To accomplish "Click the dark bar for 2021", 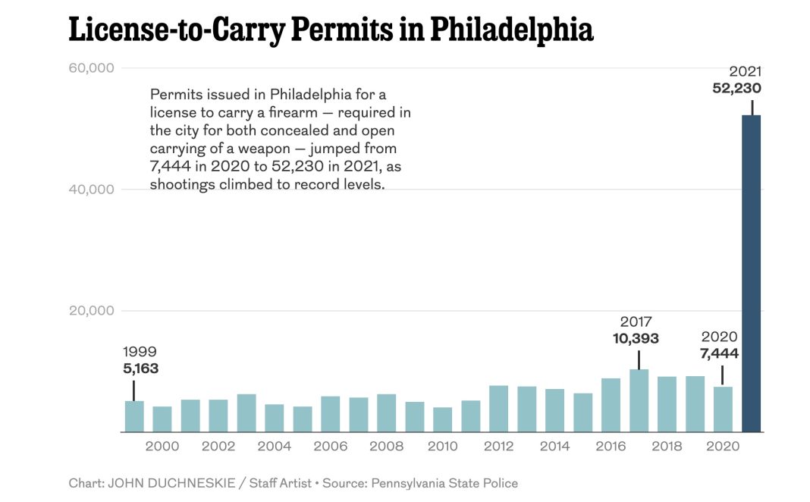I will [751, 273].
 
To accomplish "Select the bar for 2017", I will [639, 400].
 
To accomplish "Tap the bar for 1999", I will [134, 416].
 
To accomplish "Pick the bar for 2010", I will [442, 419].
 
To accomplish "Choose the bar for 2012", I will [498, 409].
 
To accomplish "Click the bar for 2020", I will [723, 409].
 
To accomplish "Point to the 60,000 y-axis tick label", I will [92, 67].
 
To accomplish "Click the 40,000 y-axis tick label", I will [92, 189].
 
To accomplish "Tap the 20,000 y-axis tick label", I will [92, 311].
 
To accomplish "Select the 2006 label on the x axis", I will [331, 446].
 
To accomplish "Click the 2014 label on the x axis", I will [554, 446].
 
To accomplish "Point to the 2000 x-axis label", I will [162, 446].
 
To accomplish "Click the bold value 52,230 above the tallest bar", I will [736, 88].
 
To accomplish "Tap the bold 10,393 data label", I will [636, 338].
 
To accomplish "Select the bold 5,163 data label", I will [140, 369].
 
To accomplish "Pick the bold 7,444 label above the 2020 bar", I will [719, 353].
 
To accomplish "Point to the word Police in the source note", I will [499, 483].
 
